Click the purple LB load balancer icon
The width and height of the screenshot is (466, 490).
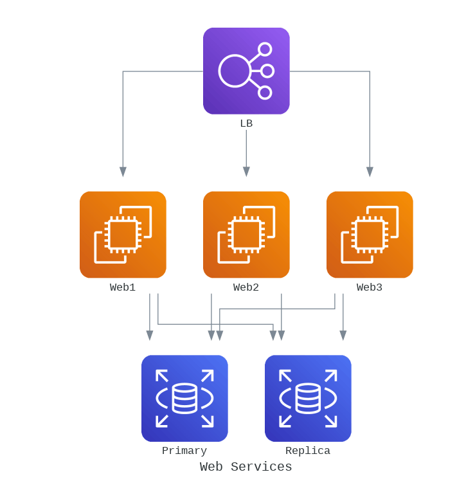tap(246, 71)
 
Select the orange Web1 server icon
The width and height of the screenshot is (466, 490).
tap(123, 235)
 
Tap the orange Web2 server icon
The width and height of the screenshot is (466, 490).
tap(246, 235)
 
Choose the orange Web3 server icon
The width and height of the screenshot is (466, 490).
tap(370, 235)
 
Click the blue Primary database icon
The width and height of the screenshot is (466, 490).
tap(184, 398)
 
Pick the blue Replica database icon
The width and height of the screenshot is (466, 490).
tap(308, 398)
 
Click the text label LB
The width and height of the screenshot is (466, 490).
tap(246, 123)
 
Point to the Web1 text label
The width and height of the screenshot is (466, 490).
tap(123, 287)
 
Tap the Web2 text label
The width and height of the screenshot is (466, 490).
tap(246, 287)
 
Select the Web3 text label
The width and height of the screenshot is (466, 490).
tap(370, 287)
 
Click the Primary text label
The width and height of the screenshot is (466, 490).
tap(184, 451)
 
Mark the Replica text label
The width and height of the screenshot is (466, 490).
tap(308, 451)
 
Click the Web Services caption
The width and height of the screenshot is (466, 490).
tap(246, 467)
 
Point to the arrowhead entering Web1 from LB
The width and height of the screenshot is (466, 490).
tap(123, 172)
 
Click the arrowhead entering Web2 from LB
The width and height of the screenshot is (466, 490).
tap(246, 172)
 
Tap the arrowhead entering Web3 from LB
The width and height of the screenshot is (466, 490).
tap(370, 172)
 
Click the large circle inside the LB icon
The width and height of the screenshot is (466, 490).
tap(235, 71)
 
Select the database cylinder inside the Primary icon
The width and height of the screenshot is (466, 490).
tap(184, 398)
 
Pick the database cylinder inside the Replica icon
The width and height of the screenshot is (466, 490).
tap(308, 398)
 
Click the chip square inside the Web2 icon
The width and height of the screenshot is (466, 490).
tap(246, 235)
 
